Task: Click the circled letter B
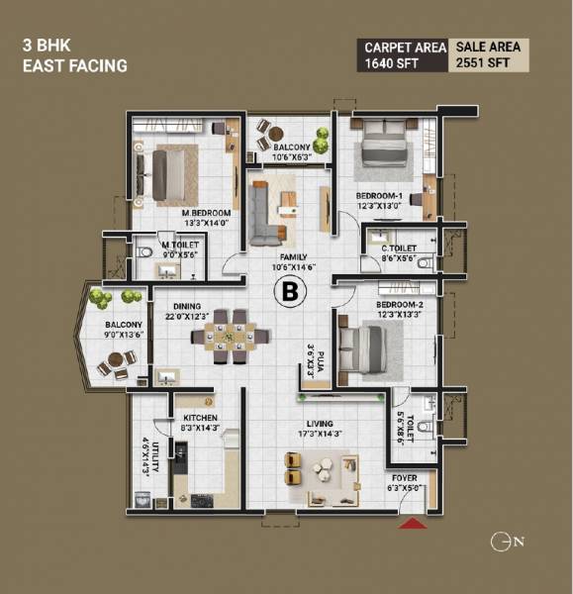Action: [290, 291]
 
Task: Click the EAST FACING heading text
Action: [76, 66]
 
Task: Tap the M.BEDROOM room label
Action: [206, 213]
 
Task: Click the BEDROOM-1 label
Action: [380, 196]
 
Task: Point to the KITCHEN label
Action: [200, 418]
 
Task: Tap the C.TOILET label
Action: [400, 248]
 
